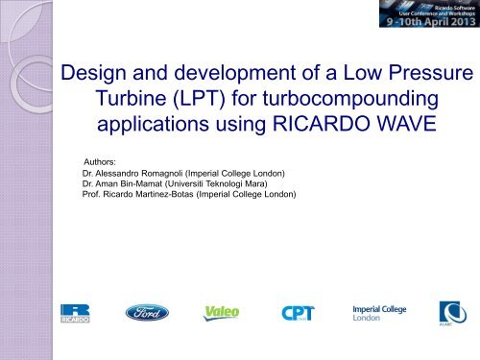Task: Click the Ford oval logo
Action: [147, 312]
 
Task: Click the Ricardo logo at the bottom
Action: [74, 313]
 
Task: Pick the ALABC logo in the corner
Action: [451, 312]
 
